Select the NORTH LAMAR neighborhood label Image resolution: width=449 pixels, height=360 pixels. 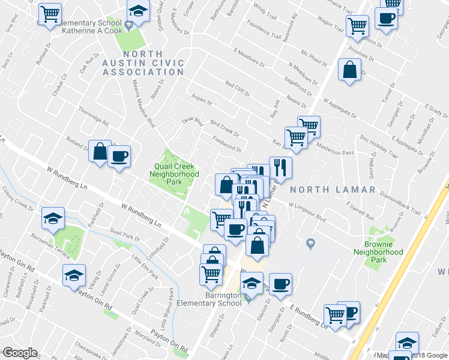coord(332,190)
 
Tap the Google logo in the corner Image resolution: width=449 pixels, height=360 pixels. coord(19,353)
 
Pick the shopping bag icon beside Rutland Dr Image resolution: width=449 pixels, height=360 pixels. coord(100,151)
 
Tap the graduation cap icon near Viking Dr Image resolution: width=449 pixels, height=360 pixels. coord(74,275)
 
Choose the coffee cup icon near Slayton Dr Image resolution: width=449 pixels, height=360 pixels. coord(280,284)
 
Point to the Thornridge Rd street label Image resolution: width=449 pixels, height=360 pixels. coord(93,116)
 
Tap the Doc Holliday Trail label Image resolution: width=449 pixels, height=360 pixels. coord(379,146)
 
